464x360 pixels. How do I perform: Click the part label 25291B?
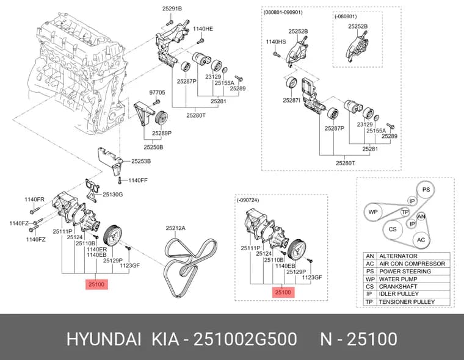pos(172,9)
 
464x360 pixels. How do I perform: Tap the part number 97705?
pos(157,93)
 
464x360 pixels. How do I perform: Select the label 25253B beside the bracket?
pos(141,161)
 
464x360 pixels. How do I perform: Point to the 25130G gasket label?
pos(112,195)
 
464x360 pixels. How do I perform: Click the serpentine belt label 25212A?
pos(175,228)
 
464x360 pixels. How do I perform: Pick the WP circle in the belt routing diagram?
pos(373,212)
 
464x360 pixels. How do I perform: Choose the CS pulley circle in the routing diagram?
pos(393,229)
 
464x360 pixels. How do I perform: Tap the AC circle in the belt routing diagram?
pos(421,240)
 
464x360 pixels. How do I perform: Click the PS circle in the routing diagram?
pos(426,190)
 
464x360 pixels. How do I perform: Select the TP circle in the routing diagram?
pos(405,212)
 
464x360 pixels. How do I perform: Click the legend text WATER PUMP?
pos(398,279)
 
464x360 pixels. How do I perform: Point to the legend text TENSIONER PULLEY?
pos(407,301)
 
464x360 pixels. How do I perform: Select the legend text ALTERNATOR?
pos(398,256)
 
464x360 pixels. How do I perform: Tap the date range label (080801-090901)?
pos(283,12)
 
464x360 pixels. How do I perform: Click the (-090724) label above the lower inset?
pos(248,200)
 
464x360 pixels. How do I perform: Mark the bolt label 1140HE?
pos(203,29)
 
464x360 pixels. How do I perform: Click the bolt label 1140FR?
pos(34,200)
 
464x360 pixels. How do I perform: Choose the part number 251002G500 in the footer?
pos(245,339)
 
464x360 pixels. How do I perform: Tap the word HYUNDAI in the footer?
pos(104,339)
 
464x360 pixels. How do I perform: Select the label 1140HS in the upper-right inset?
pos(276,41)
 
